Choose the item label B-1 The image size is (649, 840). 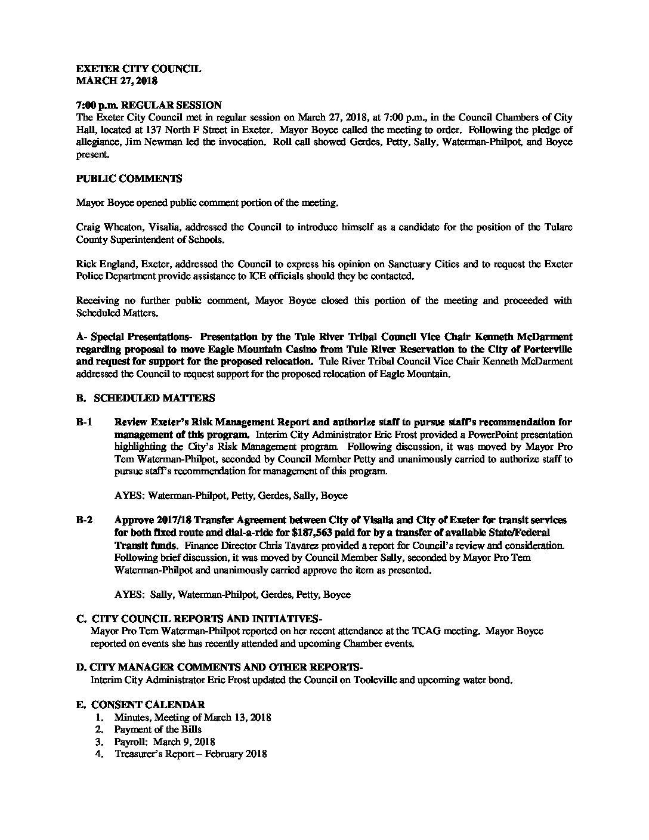[x=84, y=422]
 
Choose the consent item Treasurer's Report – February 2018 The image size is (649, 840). [x=190, y=754]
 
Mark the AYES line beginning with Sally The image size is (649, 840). [x=232, y=594]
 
